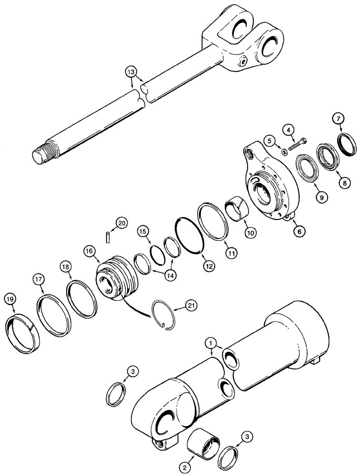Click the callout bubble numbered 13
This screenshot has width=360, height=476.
pos(131,72)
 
